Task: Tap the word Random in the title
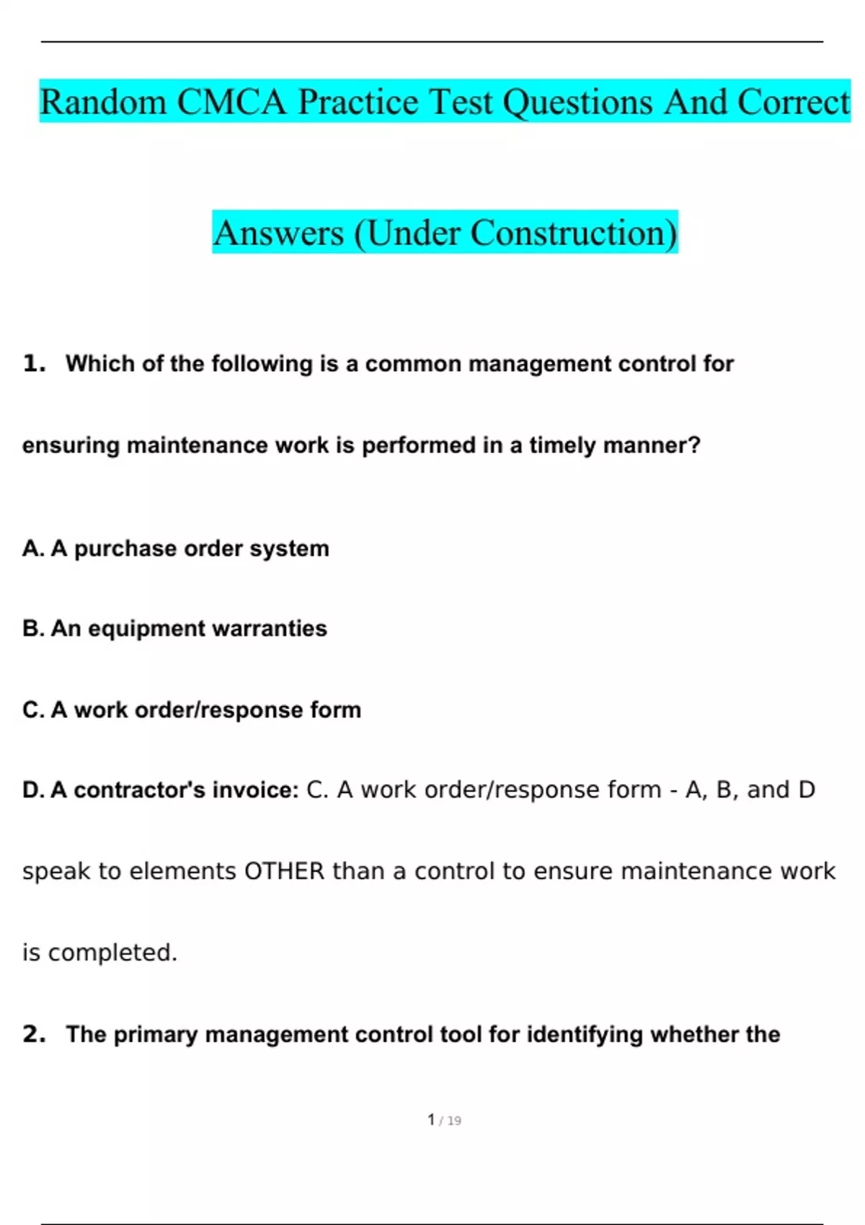click(103, 102)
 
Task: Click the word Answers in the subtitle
click(278, 233)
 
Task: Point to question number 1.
click(34, 363)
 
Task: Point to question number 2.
click(34, 1034)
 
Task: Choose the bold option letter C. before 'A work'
click(33, 710)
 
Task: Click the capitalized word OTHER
click(285, 871)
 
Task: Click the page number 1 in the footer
click(431, 1120)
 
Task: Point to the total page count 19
click(454, 1121)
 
